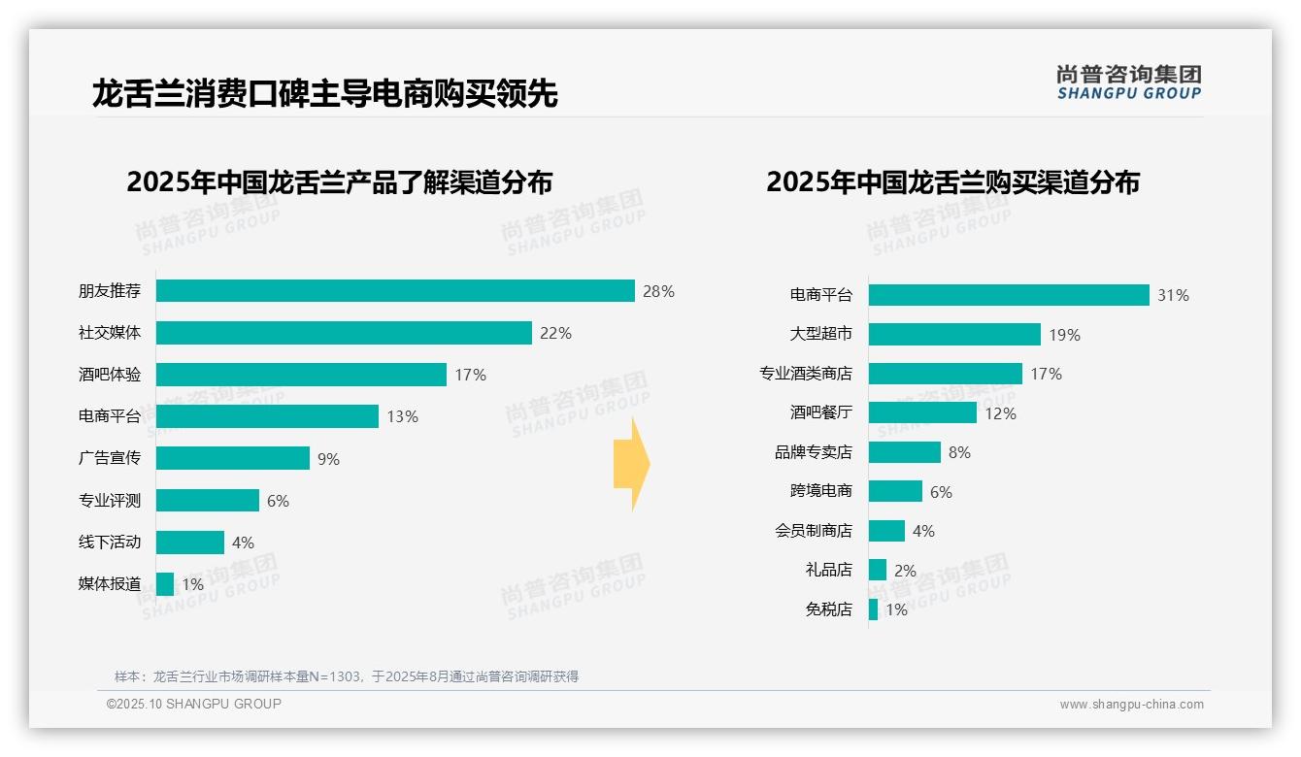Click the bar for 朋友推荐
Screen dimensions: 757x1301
pyautogui.click(x=395, y=291)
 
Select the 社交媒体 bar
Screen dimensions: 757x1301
pyautogui.click(x=344, y=333)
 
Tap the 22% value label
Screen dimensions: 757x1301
pyautogui.click(x=556, y=333)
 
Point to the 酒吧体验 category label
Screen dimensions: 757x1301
pyautogui.click(x=110, y=375)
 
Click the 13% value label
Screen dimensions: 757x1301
pyautogui.click(x=402, y=416)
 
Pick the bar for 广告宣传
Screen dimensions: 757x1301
pyautogui.click(x=233, y=458)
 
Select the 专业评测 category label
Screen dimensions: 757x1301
pyautogui.click(x=110, y=500)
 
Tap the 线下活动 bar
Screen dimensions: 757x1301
pyautogui.click(x=190, y=542)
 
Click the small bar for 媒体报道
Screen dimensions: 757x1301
pyautogui.click(x=165, y=583)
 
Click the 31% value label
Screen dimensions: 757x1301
pyautogui.click(x=1173, y=295)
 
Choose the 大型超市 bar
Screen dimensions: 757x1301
pyautogui.click(x=954, y=334)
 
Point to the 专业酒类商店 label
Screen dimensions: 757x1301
pyautogui.click(x=806, y=374)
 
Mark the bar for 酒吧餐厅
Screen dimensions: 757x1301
pyautogui.click(x=922, y=412)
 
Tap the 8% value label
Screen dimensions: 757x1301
pyautogui.click(x=959, y=452)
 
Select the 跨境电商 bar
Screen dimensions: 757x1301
pyautogui.click(x=895, y=491)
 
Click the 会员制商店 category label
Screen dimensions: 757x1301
pyautogui.click(x=814, y=531)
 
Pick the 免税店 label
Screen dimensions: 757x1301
pyautogui.click(x=829, y=609)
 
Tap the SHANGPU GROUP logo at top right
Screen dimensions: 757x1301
pyautogui.click(x=1129, y=82)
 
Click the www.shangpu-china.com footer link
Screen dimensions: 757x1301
pyautogui.click(x=1131, y=705)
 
